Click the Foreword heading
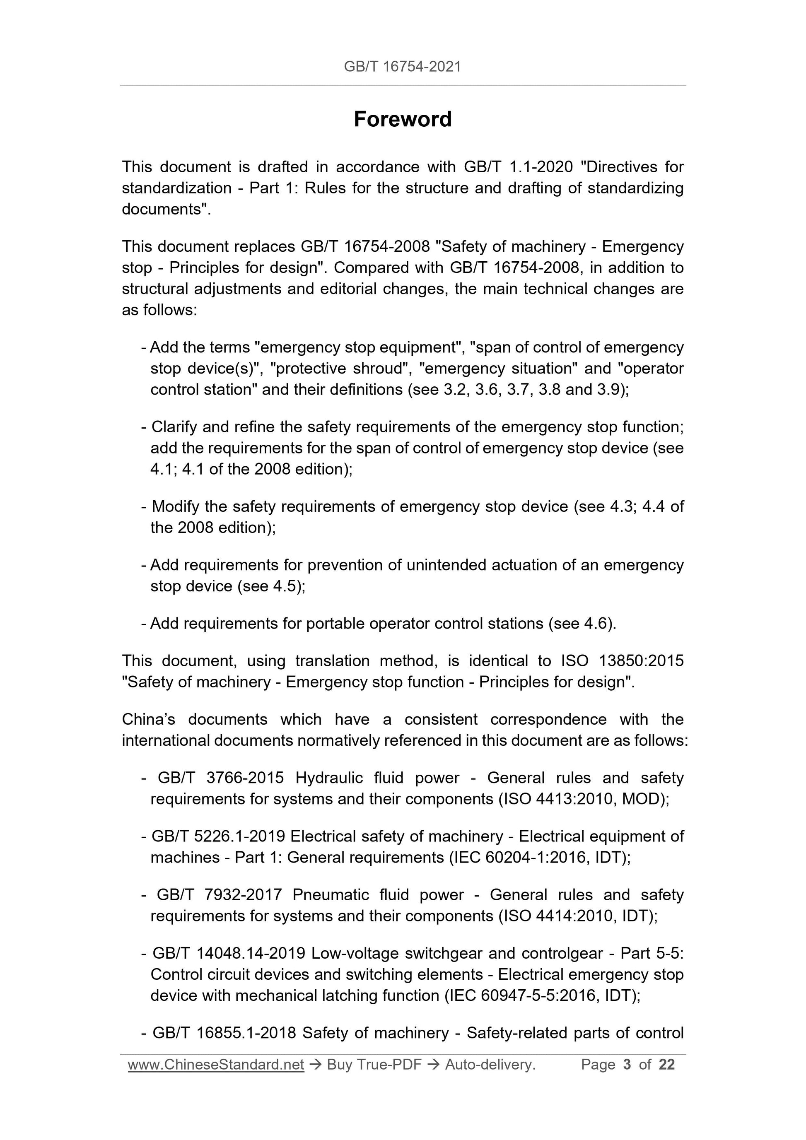click(x=402, y=119)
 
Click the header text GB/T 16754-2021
click(x=402, y=67)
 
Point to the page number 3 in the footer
click(x=627, y=1064)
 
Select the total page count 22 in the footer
click(x=666, y=1064)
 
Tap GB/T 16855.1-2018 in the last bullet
click(x=224, y=1033)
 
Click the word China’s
click(x=148, y=719)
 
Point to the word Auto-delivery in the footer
click(x=489, y=1064)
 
